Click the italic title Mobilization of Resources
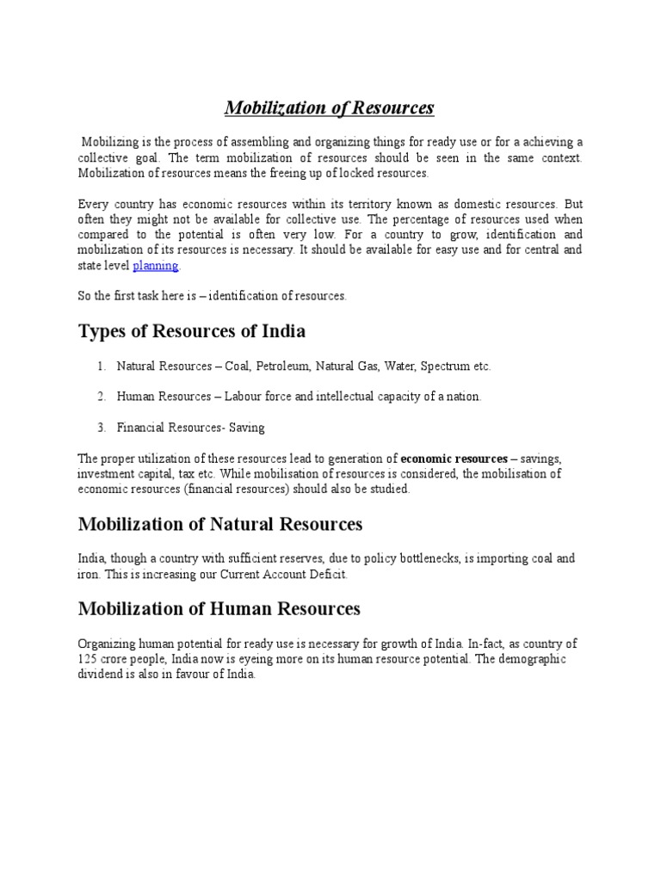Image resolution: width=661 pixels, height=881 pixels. pos(330,108)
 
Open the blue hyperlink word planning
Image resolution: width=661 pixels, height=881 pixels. pos(156,266)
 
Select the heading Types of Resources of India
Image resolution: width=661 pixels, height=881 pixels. pos(192,331)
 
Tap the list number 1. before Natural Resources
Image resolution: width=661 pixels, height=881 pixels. pos(102,367)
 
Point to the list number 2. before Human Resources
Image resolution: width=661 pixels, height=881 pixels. pos(102,397)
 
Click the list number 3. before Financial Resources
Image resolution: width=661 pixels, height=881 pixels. pos(102,427)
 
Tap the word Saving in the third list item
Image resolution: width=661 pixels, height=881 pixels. pos(246,427)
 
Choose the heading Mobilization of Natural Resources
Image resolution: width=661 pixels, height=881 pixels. pos(220,524)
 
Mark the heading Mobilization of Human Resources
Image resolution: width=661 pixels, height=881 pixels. pos(219,609)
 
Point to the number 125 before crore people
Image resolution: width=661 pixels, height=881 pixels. pos(90,659)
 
